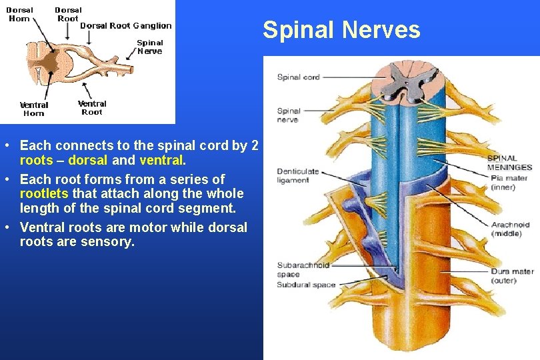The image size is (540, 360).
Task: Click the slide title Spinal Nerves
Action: [x=341, y=30]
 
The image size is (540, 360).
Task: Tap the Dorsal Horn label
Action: [x=20, y=14]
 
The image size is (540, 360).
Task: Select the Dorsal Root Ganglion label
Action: [x=125, y=26]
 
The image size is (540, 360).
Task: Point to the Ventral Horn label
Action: [x=34, y=109]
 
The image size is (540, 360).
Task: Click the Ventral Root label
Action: [x=92, y=107]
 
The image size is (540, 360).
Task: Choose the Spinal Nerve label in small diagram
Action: [x=149, y=47]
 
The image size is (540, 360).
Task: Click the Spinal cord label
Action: [x=298, y=77]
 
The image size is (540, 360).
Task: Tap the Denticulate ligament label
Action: [x=293, y=176]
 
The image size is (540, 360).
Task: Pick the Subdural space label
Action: [x=306, y=285]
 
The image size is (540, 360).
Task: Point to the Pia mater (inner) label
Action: [x=509, y=183]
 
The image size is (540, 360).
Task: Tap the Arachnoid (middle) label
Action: [x=510, y=229]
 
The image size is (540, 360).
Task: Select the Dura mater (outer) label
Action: [x=512, y=276]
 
